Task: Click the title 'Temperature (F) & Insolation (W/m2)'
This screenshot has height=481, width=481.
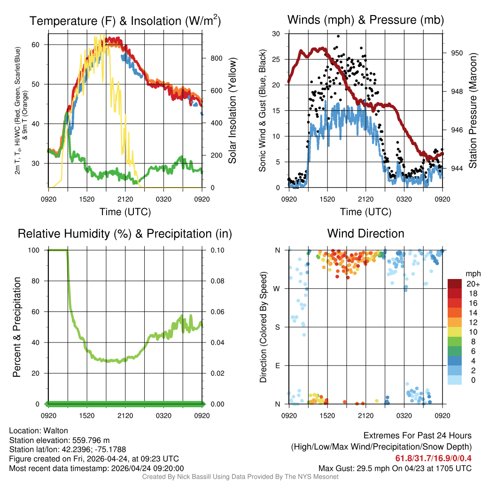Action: click(125, 21)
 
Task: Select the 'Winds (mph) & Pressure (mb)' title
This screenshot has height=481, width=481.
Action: click(365, 20)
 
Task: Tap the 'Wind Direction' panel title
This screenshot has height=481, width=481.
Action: click(365, 233)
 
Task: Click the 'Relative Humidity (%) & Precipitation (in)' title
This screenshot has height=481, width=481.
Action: click(125, 233)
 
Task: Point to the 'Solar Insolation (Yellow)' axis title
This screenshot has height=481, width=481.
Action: click(232, 110)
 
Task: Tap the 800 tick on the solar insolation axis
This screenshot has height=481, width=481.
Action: click(216, 58)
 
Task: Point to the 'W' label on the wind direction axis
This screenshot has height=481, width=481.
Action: click(278, 288)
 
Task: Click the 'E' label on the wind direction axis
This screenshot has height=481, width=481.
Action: click(278, 365)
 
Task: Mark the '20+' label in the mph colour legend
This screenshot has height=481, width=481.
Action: click(473, 284)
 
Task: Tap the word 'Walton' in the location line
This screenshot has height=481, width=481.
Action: click(56, 431)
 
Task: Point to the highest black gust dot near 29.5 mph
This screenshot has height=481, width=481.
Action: click(338, 36)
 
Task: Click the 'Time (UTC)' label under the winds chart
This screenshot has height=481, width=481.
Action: click(365, 212)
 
